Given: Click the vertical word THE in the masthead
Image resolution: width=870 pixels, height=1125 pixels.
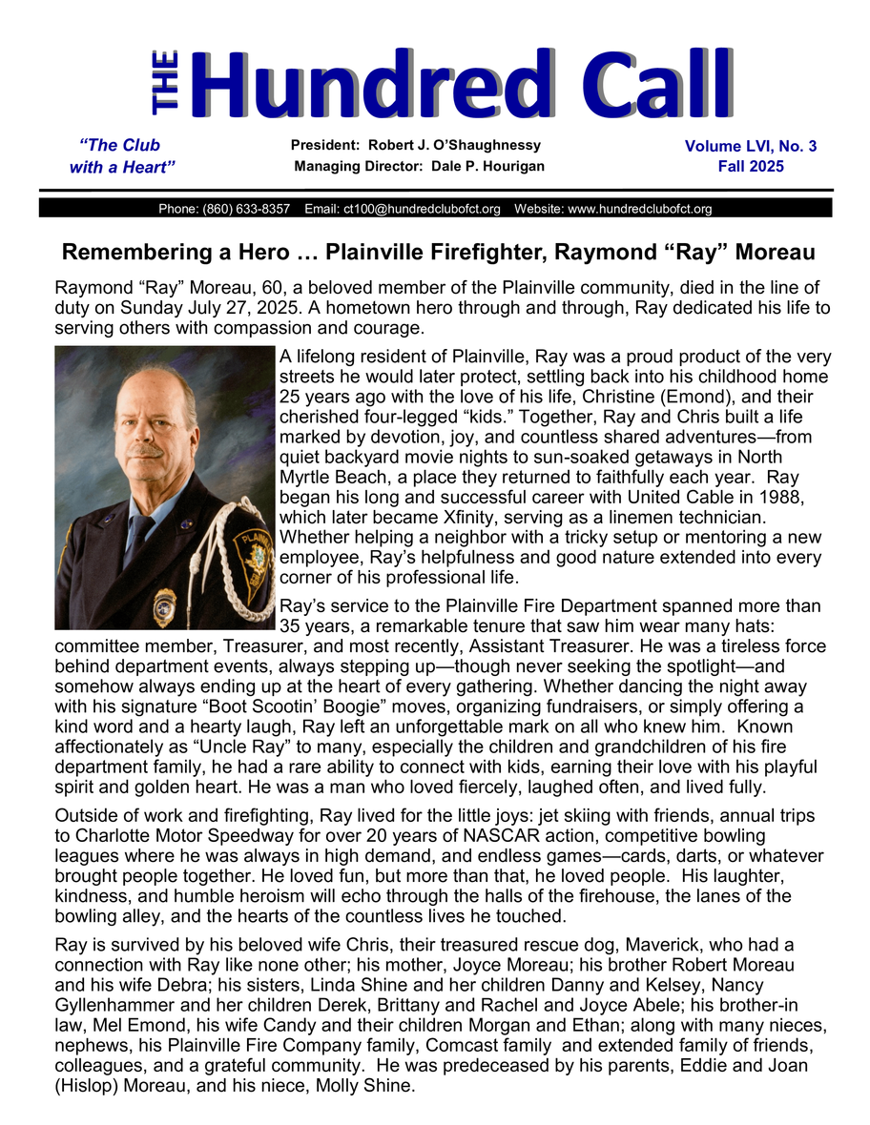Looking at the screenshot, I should point(164,84).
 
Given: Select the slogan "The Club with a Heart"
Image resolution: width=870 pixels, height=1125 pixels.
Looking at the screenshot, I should point(121,156).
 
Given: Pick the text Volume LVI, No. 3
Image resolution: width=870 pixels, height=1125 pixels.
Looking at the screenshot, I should point(750,146).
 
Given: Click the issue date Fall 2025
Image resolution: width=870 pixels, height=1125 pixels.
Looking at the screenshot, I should point(751,166).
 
